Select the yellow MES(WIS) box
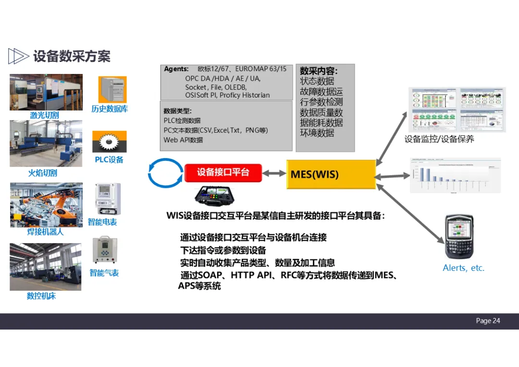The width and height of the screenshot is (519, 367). pos(331,174)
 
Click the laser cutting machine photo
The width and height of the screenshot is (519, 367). pos(46,92)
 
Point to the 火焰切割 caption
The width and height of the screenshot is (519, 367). pos(42,173)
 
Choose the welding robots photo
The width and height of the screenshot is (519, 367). pos(46,205)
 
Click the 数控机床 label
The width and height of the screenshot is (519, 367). pos(41,296)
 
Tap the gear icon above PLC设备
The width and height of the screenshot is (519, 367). pos(109,142)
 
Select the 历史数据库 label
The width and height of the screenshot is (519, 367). pos(110,109)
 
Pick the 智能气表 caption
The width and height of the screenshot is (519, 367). pos(104,273)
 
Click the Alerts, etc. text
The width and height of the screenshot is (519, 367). pos(463,268)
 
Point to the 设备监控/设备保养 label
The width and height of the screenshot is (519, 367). pos(439,139)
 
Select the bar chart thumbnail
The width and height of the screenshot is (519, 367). pos(455,175)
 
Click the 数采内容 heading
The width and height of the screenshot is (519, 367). pos(319,71)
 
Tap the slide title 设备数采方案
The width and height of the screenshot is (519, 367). pos(72,56)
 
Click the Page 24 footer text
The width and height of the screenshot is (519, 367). pos(488,321)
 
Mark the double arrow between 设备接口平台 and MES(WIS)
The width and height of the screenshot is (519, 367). pos(274,173)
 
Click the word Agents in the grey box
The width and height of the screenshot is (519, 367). pos(176,69)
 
